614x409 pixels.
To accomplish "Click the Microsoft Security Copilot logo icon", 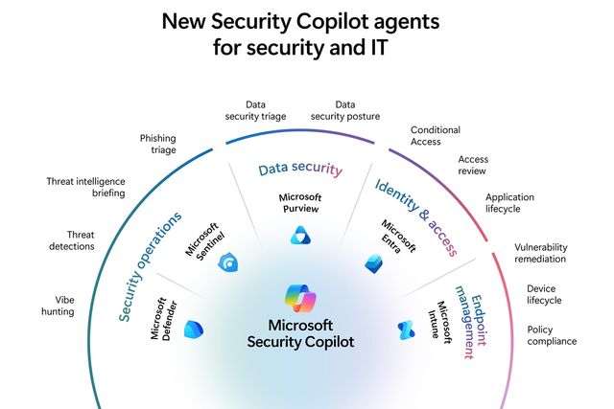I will [x=300, y=299].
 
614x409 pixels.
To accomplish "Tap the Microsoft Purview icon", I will [x=300, y=236].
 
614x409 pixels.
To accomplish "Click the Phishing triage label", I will [x=157, y=144].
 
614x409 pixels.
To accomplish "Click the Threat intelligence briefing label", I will [x=86, y=187].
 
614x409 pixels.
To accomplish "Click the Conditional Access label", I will [x=436, y=136].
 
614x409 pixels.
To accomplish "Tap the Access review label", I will [x=472, y=166].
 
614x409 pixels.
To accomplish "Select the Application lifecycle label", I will [x=509, y=204].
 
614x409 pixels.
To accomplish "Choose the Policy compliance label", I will [x=552, y=335].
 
